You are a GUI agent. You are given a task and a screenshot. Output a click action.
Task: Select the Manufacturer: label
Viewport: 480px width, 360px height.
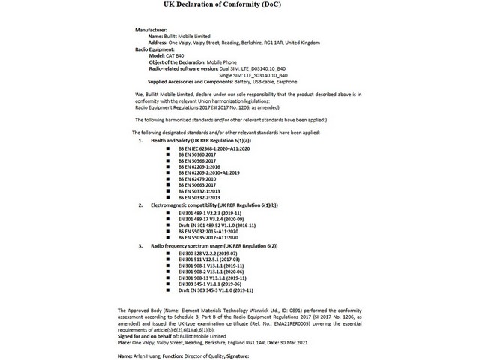coord(151,29)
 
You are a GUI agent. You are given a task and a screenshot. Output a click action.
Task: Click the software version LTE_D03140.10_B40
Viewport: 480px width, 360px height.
coord(265,68)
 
